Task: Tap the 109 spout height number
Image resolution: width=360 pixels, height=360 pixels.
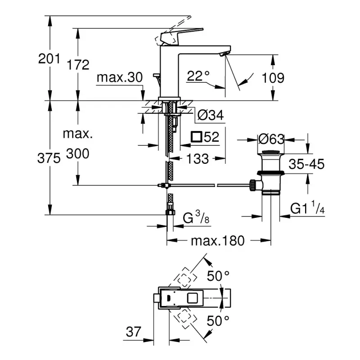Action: click(x=274, y=77)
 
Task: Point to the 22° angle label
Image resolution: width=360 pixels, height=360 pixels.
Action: click(x=198, y=76)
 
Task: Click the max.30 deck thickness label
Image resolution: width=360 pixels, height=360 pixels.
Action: click(x=120, y=77)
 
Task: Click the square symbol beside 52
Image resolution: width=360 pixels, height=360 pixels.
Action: click(x=196, y=137)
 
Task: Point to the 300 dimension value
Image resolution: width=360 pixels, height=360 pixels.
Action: click(x=78, y=154)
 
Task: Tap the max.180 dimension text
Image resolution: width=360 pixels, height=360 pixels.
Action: click(x=218, y=241)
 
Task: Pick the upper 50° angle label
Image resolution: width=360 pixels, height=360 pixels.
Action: click(x=218, y=275)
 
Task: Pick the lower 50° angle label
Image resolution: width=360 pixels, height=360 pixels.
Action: click(x=218, y=320)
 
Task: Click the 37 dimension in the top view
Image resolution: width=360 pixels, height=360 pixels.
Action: click(x=133, y=333)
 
